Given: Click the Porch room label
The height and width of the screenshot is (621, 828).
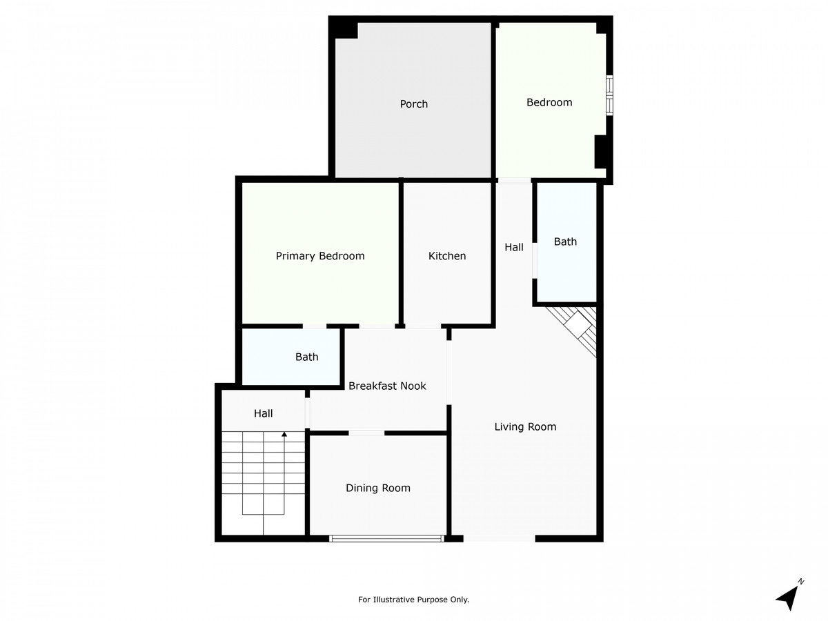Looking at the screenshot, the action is coord(413,103).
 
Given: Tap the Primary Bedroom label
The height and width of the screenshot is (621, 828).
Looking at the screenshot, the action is coord(320,256).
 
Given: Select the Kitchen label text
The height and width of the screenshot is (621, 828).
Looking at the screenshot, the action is coord(447,256).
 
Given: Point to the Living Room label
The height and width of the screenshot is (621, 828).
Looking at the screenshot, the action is coord(525,426).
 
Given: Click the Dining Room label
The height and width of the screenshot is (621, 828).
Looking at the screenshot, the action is coord(378,488).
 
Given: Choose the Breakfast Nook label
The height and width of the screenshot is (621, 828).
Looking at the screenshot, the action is coord(387,386).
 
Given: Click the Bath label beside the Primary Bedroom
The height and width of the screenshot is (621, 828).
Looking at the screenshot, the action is coord(306,357).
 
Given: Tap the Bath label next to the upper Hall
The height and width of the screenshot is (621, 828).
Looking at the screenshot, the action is coord(565,241).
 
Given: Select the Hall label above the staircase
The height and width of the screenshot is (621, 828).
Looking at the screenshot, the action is coord(263,413).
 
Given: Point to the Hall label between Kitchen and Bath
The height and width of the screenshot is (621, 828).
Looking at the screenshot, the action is coord(514,247).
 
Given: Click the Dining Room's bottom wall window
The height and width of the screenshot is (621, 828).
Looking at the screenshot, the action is coord(386,538).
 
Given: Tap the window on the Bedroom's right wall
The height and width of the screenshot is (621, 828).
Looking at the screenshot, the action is coord(609,95).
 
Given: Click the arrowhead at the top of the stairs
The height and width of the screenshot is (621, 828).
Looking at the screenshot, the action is coord(284,435).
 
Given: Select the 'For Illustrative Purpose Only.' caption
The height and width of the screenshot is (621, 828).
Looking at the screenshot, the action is coord(413,600).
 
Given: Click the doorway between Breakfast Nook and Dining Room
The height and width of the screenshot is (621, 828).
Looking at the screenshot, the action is coord(366,433).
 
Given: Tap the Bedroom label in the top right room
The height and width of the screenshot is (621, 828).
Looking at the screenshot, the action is coord(549,102).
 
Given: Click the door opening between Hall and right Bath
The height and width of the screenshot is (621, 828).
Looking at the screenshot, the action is coord(535,261).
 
